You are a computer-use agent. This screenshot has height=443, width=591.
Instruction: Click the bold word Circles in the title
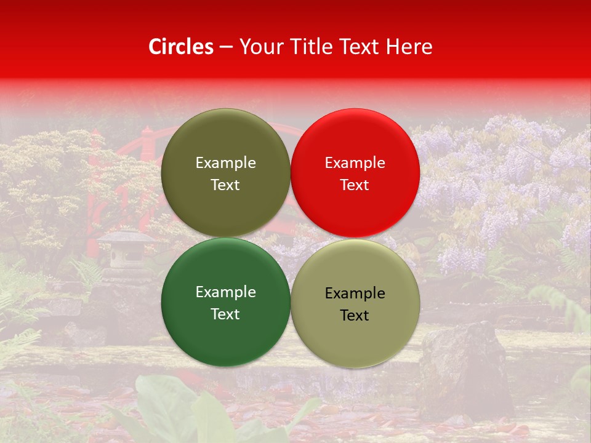(180, 47)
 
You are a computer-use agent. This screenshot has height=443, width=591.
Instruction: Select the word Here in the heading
(409, 47)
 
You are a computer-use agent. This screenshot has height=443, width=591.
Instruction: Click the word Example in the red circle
(355, 162)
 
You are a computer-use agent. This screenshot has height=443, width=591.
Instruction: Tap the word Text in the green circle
(225, 314)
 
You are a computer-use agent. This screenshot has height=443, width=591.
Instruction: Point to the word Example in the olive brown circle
(225, 162)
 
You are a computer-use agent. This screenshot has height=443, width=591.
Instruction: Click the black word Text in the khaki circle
(355, 315)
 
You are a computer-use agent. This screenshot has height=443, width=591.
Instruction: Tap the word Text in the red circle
(355, 185)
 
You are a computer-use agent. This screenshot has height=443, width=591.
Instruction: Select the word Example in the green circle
(225, 292)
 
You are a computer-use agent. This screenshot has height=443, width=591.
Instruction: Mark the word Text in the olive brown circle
(225, 185)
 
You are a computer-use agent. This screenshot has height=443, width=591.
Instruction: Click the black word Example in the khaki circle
(355, 293)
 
